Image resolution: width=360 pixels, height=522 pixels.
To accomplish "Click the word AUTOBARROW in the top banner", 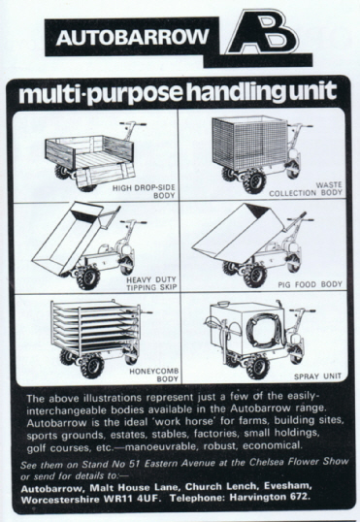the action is tap(132, 37).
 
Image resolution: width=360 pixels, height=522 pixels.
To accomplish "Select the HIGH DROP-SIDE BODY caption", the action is tap(144, 191).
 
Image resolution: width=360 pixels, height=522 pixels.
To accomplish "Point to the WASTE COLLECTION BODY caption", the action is tap(306, 189).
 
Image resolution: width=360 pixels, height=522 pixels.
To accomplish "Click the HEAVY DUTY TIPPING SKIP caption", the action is tap(150, 283).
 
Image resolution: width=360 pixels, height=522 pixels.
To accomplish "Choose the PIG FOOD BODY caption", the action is tap(311, 284).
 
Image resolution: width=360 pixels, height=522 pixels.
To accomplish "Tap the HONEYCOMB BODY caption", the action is tap(154, 375).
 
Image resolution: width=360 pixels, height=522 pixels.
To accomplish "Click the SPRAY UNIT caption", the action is tap(317, 376).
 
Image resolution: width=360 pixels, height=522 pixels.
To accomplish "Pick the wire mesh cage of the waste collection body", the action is tap(249, 143).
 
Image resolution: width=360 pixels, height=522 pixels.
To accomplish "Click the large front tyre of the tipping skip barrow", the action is tap(88, 277).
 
